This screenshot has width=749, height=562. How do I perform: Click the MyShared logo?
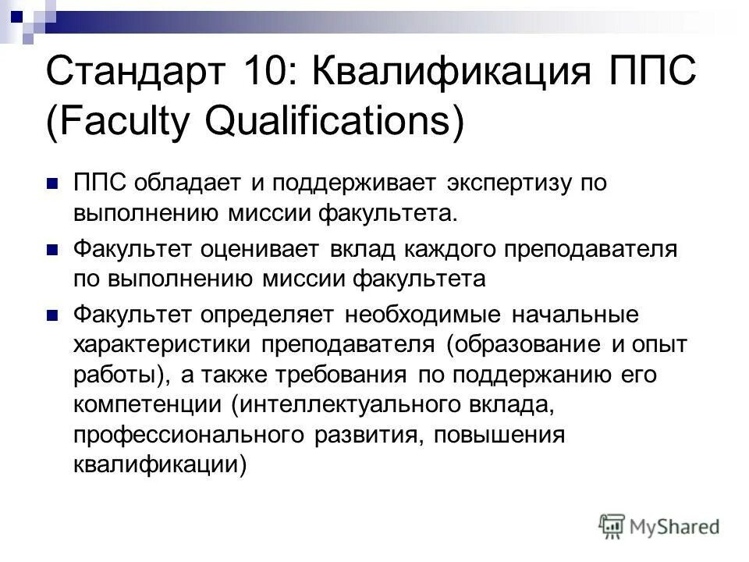coord(659,525)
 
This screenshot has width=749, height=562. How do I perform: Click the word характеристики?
coord(165,344)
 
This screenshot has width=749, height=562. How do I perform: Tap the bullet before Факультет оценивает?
coord(53,250)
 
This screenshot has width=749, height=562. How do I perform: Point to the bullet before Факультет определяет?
coord(53,315)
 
